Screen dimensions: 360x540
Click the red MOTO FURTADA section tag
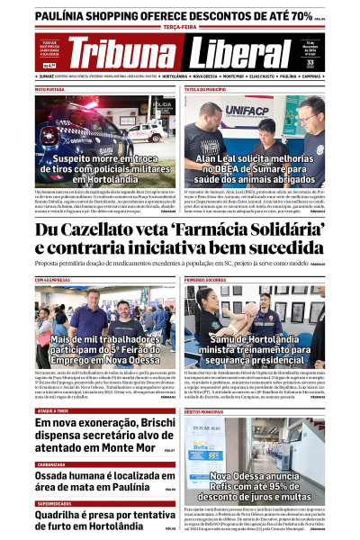pos(50,90)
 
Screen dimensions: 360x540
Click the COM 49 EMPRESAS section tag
pos(54,280)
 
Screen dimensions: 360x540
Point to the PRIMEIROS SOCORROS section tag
pos(209,280)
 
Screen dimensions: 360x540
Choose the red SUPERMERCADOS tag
pos(54,503)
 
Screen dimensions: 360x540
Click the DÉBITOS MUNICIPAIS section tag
pos(208,410)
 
